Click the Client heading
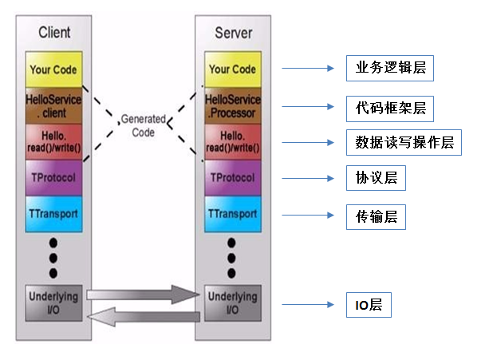(x=54, y=33)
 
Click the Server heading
(x=233, y=33)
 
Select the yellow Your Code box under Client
(x=53, y=69)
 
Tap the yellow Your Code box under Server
(x=232, y=69)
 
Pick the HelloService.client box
(x=53, y=105)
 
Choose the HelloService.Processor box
(x=232, y=105)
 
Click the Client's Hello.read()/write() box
(x=53, y=142)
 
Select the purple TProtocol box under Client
(x=53, y=178)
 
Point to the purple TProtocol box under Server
(x=232, y=178)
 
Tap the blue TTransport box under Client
(x=53, y=215)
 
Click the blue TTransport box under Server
(x=232, y=215)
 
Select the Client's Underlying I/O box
(x=53, y=303)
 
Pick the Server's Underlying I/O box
(x=232, y=303)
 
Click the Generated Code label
(x=143, y=126)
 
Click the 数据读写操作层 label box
(x=404, y=143)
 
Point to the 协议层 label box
(x=376, y=179)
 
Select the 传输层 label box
(x=376, y=216)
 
